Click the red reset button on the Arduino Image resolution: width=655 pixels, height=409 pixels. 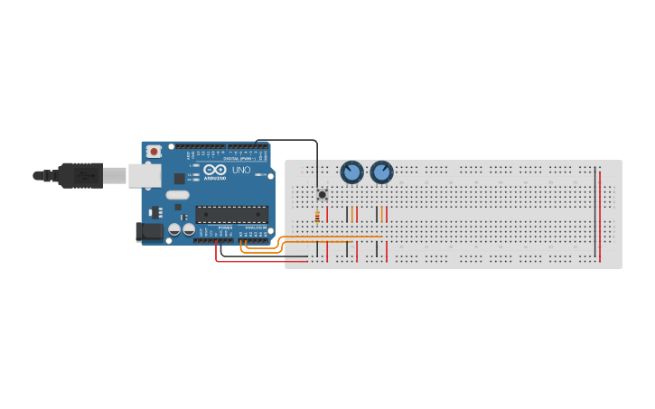154,152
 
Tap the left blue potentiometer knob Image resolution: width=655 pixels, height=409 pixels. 351,172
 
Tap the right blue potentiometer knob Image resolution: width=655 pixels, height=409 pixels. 382,172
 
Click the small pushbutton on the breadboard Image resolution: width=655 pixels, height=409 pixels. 322,194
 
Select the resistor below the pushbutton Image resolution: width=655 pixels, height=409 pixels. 317,215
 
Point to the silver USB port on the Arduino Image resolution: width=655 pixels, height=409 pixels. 144,175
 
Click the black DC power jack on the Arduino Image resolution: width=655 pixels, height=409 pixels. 149,232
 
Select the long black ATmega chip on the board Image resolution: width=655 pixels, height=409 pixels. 231,214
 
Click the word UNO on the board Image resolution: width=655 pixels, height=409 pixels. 241,170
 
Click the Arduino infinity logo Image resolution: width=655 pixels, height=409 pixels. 214,169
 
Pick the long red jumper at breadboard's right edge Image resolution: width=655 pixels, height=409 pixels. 600,215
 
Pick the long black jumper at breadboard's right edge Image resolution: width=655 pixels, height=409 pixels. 594,215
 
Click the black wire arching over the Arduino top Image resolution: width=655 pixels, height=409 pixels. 289,140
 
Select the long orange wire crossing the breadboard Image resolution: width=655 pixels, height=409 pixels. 334,237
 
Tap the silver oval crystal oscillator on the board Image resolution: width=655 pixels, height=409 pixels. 178,194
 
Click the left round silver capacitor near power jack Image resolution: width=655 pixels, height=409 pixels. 174,229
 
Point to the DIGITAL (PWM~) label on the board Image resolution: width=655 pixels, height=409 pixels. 239,158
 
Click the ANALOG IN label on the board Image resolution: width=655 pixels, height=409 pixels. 256,227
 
